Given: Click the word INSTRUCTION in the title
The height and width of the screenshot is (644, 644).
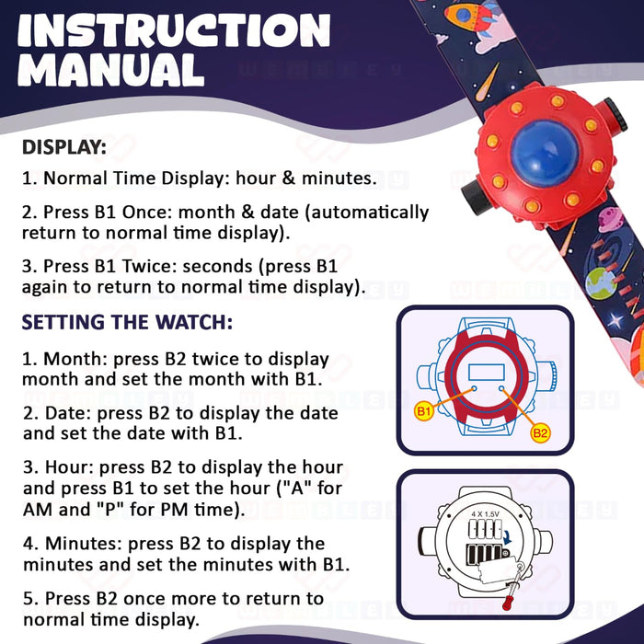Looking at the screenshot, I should pyautogui.click(x=173, y=31).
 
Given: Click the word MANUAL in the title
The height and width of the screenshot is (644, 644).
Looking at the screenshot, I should pyautogui.click(x=110, y=71).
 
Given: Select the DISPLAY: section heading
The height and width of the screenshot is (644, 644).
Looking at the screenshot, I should pyautogui.click(x=64, y=147).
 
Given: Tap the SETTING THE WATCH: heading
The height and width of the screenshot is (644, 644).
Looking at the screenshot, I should pyautogui.click(x=127, y=323).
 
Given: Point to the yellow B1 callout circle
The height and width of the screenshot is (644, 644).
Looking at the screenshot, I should pyautogui.click(x=424, y=411).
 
